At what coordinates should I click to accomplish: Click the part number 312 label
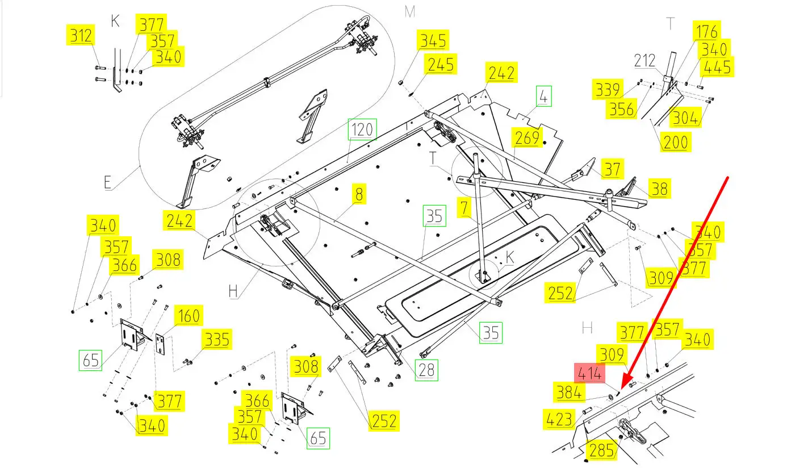(x=80, y=36)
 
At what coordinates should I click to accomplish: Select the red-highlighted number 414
(x=590, y=374)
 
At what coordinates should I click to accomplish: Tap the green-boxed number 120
(x=362, y=130)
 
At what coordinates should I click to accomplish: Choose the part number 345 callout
(x=432, y=41)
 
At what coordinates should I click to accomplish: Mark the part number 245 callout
(x=441, y=64)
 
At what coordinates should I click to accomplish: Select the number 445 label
(x=717, y=67)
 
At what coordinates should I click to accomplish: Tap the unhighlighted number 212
(x=644, y=60)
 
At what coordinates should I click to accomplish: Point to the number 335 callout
(x=217, y=339)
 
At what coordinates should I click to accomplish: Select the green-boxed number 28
(x=426, y=370)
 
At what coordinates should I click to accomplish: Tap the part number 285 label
(x=601, y=450)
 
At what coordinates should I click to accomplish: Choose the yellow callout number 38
(x=659, y=188)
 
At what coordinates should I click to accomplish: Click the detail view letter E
(x=108, y=182)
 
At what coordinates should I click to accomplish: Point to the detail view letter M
(x=410, y=11)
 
